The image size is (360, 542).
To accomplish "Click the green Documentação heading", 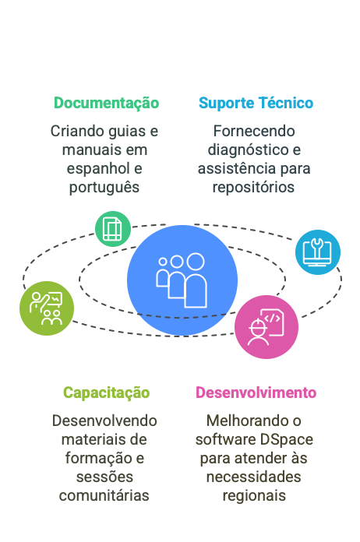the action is [x=106, y=104].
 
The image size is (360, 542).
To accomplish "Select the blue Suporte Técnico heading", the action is [x=256, y=103].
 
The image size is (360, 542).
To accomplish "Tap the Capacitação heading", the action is [x=106, y=393].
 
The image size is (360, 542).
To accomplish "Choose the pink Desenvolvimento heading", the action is [x=256, y=392].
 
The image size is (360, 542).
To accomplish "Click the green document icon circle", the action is [x=113, y=229].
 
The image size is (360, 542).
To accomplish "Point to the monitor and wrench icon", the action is [x=317, y=252].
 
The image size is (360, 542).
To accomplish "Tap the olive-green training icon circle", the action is [x=47, y=308].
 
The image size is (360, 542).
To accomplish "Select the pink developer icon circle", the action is [x=266, y=327].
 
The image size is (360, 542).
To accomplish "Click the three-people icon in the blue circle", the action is [x=182, y=280].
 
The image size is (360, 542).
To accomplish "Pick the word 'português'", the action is [x=104, y=188].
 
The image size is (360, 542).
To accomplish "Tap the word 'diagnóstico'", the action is [x=248, y=150].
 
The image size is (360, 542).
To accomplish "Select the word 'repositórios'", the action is [x=253, y=188].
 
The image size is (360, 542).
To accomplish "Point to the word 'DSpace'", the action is [x=286, y=440].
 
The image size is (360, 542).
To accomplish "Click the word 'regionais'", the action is [x=254, y=496].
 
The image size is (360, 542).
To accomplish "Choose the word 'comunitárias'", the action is [x=104, y=496].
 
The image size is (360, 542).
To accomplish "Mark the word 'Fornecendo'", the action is [x=254, y=131].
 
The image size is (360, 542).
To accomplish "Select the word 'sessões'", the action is [x=104, y=477].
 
